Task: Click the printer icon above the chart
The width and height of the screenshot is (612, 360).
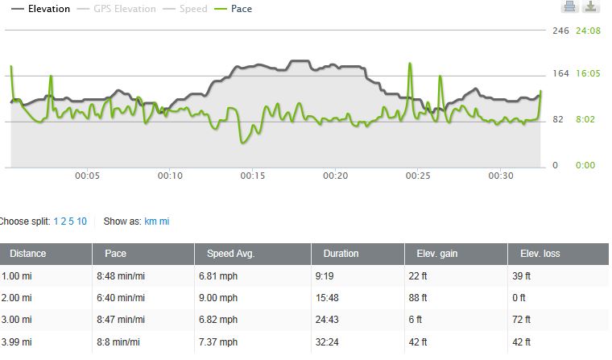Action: tap(569, 7)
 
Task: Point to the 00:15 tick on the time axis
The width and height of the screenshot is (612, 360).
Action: tap(253, 176)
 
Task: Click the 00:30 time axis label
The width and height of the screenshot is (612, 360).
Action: tap(501, 176)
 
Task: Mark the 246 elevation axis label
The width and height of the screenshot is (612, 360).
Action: tap(560, 31)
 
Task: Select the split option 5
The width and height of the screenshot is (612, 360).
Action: tap(72, 221)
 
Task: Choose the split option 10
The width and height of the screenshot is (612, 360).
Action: tap(82, 221)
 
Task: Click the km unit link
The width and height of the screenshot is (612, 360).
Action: tap(150, 221)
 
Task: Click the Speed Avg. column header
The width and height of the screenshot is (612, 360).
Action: tap(230, 254)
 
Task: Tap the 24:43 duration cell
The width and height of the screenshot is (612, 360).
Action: tap(335, 320)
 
